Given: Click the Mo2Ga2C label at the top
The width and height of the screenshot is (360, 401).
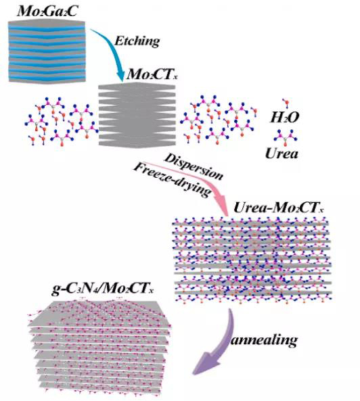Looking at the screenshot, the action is (47, 11).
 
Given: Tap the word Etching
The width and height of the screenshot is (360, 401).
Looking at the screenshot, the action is (137, 41).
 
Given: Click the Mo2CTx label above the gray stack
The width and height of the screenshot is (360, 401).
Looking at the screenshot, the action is (152, 74).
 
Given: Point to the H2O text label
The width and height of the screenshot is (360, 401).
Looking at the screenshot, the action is (284, 118).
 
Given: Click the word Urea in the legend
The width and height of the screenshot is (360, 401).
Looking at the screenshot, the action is (282, 154).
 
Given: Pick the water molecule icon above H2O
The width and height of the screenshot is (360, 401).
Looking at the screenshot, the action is (286, 103).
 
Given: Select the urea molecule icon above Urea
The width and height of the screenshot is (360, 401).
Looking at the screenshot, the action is (285, 137).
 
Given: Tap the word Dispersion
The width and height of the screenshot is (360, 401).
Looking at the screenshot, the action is (194, 166).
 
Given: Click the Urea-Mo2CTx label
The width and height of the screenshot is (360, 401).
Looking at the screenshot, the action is (279, 208).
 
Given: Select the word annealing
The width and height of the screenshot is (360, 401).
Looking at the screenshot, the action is (264, 340).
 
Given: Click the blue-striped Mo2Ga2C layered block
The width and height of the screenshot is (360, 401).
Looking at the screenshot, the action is (47, 51).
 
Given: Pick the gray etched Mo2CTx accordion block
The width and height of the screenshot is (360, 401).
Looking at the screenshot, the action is (137, 115).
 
